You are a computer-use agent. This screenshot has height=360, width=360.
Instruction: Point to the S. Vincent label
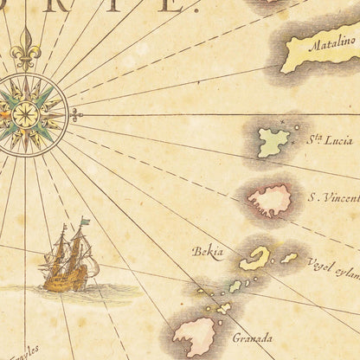point(332,196)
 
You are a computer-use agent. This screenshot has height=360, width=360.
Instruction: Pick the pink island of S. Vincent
point(270,201)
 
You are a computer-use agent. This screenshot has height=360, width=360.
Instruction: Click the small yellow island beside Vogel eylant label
point(289,257)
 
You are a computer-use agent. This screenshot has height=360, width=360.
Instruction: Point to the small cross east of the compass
point(76,113)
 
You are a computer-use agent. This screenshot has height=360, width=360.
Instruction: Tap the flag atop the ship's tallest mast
point(84,223)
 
